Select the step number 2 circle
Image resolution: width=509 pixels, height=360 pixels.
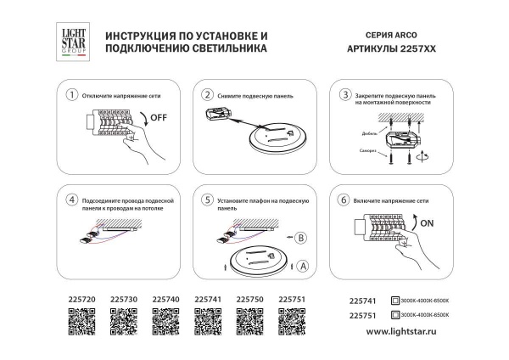207,94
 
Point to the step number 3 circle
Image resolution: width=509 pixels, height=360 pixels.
344,94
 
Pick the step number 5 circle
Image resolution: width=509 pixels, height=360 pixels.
207,200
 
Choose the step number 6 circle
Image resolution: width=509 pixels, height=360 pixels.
344,200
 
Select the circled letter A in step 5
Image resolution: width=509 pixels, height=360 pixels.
302,266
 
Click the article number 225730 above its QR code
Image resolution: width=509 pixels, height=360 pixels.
123,299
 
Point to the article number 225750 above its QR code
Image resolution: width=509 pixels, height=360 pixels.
250,299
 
